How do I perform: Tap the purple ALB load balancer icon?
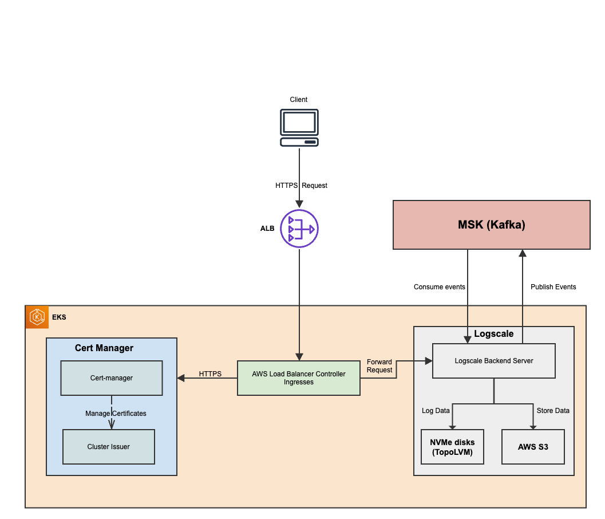[299, 229]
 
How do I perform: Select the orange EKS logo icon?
[37, 317]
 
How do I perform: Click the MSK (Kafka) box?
[491, 225]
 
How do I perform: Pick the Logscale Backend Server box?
[493, 361]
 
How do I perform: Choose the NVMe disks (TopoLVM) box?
[452, 447]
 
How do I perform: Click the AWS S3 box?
[533, 447]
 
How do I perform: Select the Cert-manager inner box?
[112, 378]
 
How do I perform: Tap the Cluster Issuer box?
[109, 447]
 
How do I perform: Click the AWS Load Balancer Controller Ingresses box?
[299, 378]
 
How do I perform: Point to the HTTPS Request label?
[301, 186]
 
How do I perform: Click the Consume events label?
[439, 287]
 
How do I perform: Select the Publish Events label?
[553, 287]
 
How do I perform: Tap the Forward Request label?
[379, 366]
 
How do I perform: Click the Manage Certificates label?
[116, 414]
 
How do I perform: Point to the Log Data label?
[436, 411]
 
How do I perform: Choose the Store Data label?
[553, 411]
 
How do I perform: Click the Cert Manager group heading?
[104, 348]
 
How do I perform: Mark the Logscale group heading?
[494, 334]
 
